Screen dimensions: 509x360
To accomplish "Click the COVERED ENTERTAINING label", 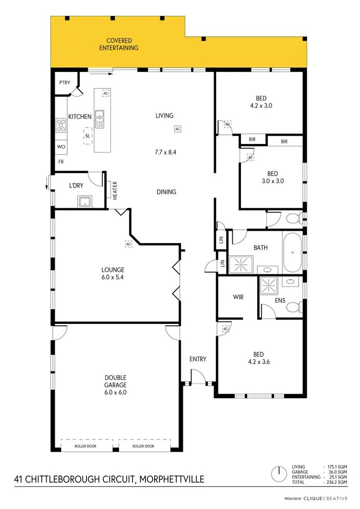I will pyautogui.click(x=119, y=44).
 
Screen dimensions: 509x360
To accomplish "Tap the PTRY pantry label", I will pyautogui.click(x=64, y=83).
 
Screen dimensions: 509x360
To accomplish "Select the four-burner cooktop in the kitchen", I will pyautogui.click(x=61, y=126).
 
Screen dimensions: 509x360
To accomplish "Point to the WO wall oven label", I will pyautogui.click(x=61, y=147).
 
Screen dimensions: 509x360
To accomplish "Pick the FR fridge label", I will pyautogui.click(x=61, y=162).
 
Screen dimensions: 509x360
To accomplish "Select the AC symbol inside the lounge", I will pyautogui.click(x=129, y=244).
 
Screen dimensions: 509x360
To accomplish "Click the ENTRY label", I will pyautogui.click(x=198, y=359).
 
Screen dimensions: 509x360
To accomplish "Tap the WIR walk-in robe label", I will pyautogui.click(x=238, y=297).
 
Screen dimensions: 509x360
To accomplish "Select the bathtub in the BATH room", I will pyautogui.click(x=292, y=252).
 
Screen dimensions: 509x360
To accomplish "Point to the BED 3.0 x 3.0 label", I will pyautogui.click(x=272, y=178).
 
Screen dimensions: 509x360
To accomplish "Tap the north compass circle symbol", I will pyautogui.click(x=277, y=475).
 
